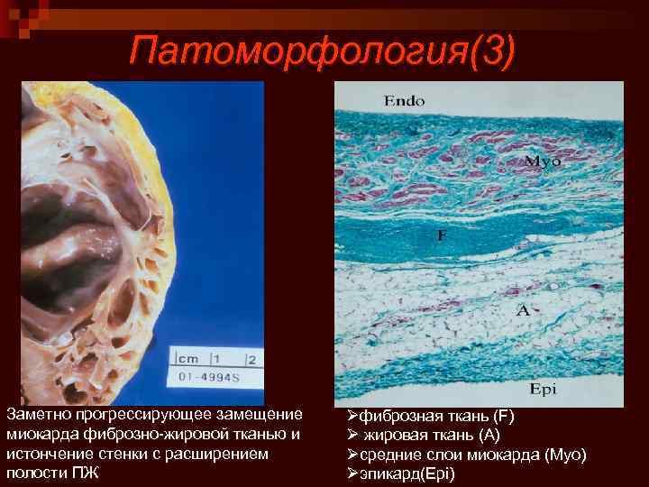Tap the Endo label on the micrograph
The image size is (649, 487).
[405, 102]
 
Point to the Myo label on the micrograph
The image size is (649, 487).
[543, 161]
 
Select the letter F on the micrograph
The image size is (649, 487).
[442, 234]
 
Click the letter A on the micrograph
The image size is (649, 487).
[522, 310]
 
